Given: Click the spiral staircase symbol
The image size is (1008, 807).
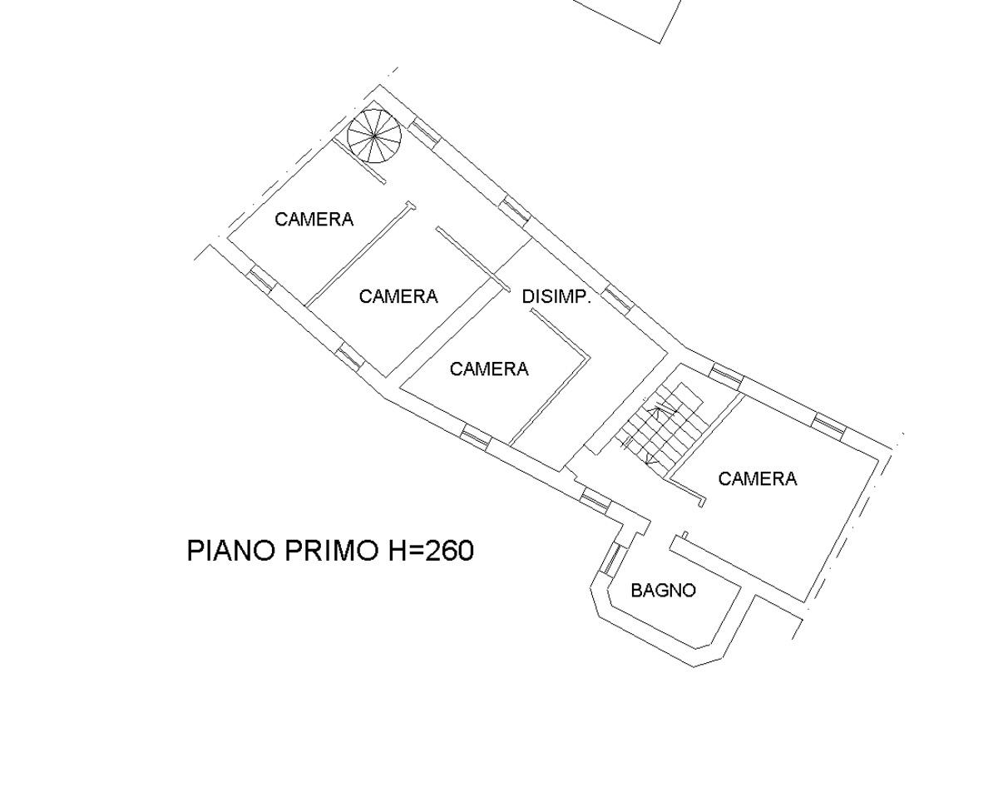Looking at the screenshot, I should (x=374, y=136).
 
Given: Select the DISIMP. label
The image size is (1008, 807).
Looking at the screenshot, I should (x=556, y=296).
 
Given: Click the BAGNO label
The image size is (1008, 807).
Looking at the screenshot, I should (x=663, y=591).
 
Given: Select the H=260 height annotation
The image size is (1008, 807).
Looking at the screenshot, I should (x=431, y=551).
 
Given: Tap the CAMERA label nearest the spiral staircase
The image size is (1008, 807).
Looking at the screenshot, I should (x=314, y=220).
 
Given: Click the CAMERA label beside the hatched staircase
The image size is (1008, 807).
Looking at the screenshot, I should (x=757, y=479).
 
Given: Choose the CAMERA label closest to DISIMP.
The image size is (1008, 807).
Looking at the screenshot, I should (x=489, y=369).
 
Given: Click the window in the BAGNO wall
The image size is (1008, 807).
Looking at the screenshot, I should (x=611, y=558).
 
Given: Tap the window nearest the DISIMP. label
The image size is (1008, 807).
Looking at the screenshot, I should (x=617, y=298).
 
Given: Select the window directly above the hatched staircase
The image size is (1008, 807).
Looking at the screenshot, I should (x=726, y=375).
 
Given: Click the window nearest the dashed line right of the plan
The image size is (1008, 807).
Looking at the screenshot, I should (x=828, y=425).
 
